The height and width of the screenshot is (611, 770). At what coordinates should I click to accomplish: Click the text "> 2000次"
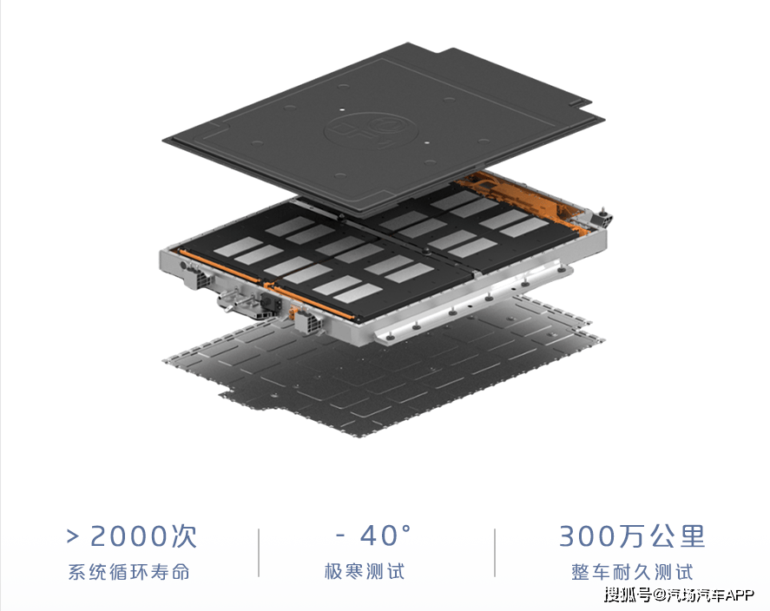[x=132, y=535]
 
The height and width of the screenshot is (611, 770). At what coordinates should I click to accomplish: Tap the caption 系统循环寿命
[x=128, y=572]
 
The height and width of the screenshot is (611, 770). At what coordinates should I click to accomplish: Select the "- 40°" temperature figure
[x=373, y=535]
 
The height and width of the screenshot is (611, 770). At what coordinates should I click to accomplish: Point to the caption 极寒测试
[x=365, y=572]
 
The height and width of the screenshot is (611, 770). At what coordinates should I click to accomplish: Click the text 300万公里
[x=632, y=535]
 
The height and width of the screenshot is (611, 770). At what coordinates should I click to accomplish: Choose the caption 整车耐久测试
[x=632, y=572]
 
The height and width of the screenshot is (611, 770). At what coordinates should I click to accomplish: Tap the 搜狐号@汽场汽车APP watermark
[x=679, y=595]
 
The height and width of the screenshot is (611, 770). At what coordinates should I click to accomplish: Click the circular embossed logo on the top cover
[x=371, y=130]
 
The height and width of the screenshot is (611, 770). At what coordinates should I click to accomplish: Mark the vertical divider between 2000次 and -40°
[x=259, y=553]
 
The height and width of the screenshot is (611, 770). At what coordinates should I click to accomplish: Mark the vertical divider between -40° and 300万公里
[x=495, y=553]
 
